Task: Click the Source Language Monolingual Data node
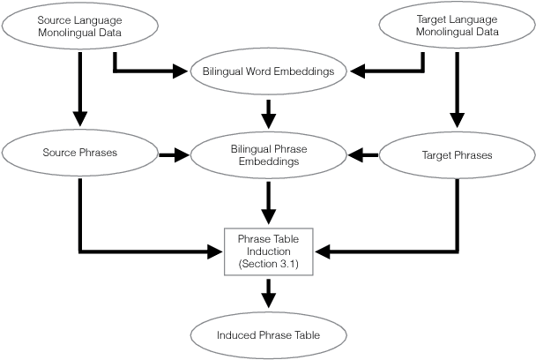(x=80, y=26)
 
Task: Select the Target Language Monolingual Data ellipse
(x=456, y=26)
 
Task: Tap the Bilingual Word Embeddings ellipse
(x=269, y=71)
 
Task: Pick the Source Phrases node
(x=80, y=154)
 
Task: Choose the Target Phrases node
(x=456, y=154)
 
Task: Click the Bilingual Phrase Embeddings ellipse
(x=269, y=154)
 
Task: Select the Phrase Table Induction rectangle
(x=269, y=251)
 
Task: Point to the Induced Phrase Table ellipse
(x=269, y=335)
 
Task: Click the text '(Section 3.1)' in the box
(x=269, y=264)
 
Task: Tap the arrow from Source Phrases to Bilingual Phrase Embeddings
(x=174, y=154)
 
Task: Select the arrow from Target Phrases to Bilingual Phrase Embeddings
(x=363, y=154)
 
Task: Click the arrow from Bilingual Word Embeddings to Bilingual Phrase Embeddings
(x=269, y=110)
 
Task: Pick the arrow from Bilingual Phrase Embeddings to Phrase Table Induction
(x=269, y=205)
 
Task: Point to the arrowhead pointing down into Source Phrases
(x=80, y=117)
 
